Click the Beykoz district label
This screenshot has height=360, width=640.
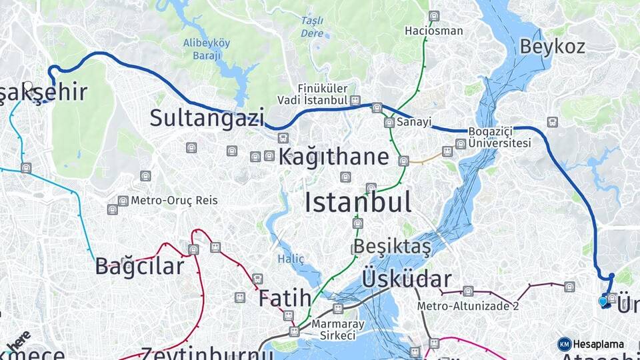[x=552, y=46]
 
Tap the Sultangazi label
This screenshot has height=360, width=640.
[x=207, y=118]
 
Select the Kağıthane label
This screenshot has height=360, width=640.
[x=333, y=157]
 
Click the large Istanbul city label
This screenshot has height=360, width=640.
[x=358, y=201]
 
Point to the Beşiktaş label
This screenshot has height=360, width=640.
[x=392, y=246]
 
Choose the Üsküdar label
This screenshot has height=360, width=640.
[x=407, y=279]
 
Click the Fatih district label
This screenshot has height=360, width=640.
[x=285, y=297]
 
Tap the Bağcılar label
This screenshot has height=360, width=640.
[x=139, y=266]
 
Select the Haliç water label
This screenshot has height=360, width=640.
[x=291, y=259]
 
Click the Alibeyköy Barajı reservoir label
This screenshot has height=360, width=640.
[x=207, y=49]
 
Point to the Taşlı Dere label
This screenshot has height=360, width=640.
[x=312, y=27]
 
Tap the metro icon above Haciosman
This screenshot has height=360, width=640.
[x=434, y=16]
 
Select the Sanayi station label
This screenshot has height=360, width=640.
[x=414, y=123]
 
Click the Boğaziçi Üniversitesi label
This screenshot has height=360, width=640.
[x=499, y=137]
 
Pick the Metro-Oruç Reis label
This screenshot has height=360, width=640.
[x=174, y=200]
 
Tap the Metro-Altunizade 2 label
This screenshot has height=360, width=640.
[x=468, y=306]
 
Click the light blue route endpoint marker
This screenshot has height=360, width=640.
[x=603, y=301]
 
